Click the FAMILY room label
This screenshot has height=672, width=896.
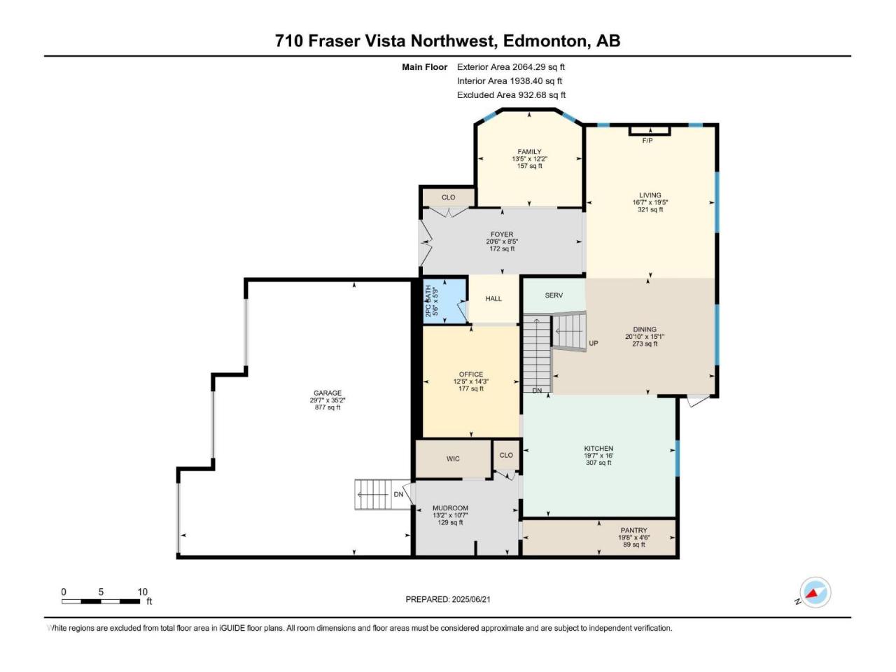[529, 151]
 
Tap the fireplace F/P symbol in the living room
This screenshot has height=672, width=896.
[649, 131]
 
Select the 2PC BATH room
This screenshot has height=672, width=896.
[444, 301]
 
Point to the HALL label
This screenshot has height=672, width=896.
[493, 298]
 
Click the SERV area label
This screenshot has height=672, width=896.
[554, 295]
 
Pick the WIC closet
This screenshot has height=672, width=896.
[453, 458]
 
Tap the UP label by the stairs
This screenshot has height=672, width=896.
[593, 343]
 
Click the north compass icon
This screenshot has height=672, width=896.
[815, 592]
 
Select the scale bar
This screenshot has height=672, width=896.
[101, 601]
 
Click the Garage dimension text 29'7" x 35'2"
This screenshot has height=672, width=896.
[328, 400]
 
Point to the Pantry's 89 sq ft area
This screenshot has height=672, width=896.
[633, 545]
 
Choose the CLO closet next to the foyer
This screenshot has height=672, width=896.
[448, 197]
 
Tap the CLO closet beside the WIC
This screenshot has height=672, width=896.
[506, 454]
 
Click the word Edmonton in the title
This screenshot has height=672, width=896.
[545, 41]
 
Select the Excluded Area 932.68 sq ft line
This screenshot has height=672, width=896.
[511, 94]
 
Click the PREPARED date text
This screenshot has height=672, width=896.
[448, 599]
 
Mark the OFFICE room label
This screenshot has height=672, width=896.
[470, 374]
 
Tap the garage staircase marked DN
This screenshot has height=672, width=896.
[382, 494]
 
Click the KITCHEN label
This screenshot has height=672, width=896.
[598, 449]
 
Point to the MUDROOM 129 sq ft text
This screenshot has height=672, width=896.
[450, 522]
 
